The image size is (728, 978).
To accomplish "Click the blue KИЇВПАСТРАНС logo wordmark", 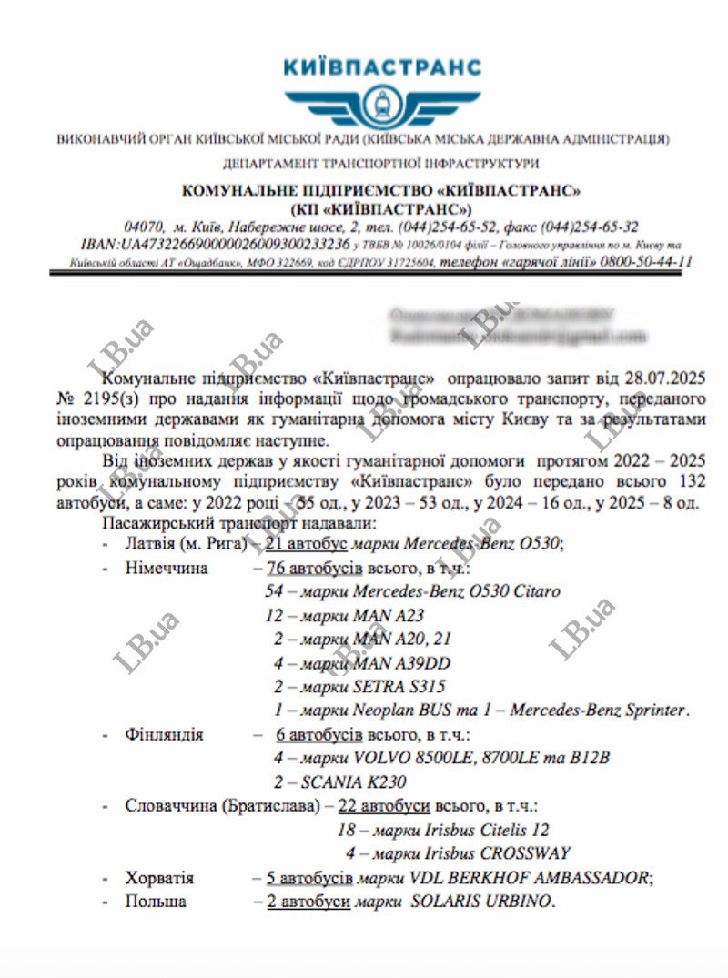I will tap(382, 67).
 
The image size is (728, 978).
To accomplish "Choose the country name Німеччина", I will tap(167, 569).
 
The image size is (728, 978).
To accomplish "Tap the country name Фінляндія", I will tap(164, 734).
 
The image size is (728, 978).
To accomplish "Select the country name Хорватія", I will tap(159, 878).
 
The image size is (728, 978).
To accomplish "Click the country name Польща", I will tap(156, 902).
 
